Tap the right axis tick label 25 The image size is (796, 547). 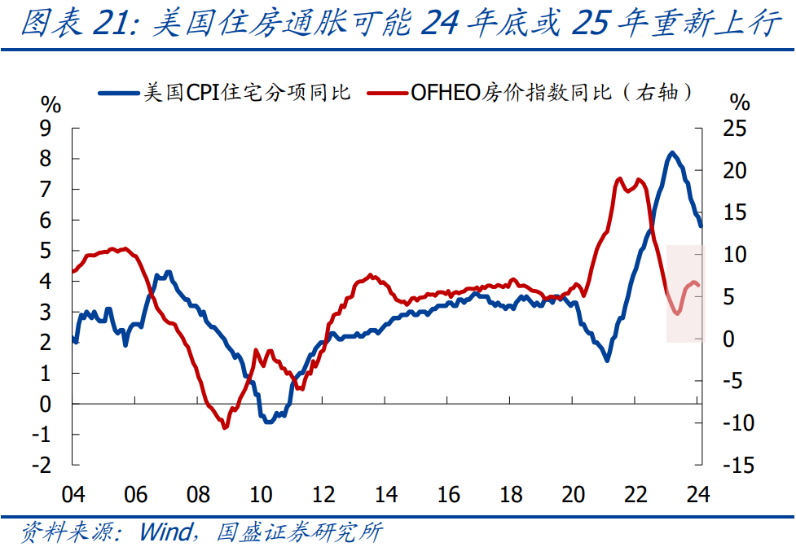tap(733, 129)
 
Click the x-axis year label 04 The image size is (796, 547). tap(73, 494)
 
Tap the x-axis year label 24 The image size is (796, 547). tap(697, 494)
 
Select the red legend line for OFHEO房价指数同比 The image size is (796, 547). tap(387, 93)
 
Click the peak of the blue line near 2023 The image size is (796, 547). tap(672, 153)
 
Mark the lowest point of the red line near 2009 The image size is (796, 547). tap(225, 427)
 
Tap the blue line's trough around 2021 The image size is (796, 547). tap(607, 359)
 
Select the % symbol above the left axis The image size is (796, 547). tap(51, 104)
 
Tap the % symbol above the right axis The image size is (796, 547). tap(740, 103)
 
